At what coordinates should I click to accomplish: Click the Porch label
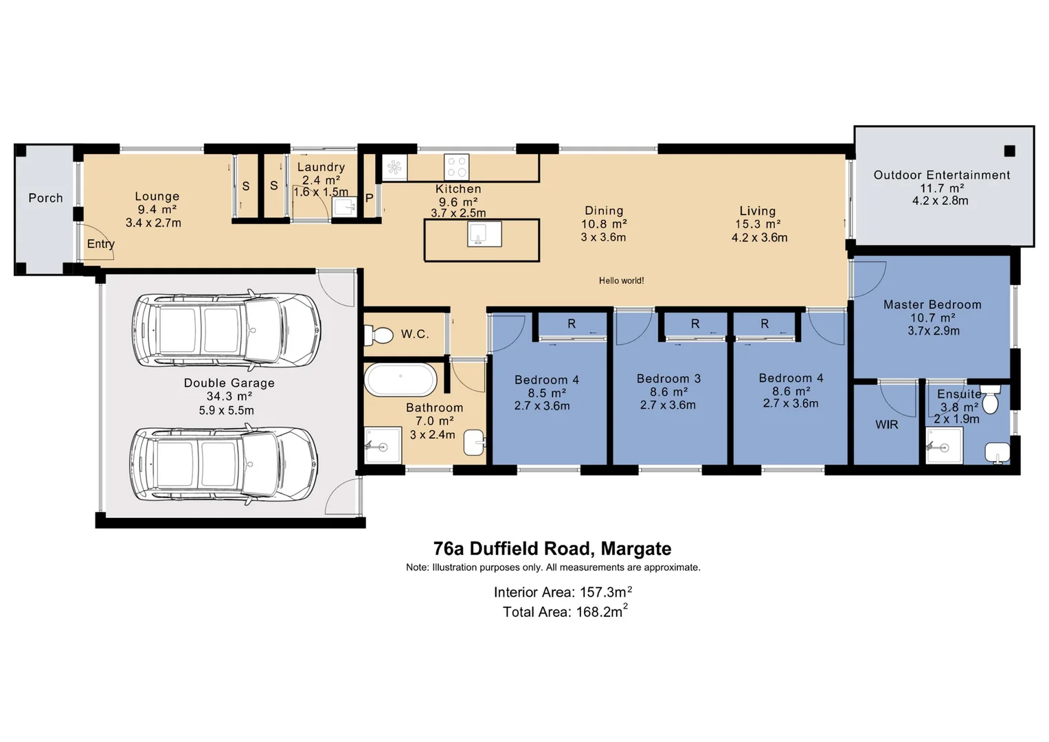pyautogui.click(x=45, y=198)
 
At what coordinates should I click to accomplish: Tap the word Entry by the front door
pyautogui.click(x=100, y=244)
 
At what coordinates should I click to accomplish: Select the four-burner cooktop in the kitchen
pyautogui.click(x=456, y=167)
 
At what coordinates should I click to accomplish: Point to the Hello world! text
pyautogui.click(x=621, y=280)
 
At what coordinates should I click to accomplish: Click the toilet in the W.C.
pyautogui.click(x=377, y=335)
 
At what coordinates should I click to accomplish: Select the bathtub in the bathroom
pyautogui.click(x=400, y=380)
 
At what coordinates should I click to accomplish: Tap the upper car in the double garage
pyautogui.click(x=227, y=329)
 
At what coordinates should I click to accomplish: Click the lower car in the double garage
pyautogui.click(x=225, y=462)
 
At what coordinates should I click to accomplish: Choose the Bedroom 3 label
pyautogui.click(x=668, y=379)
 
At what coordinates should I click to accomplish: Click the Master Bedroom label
pyautogui.click(x=932, y=304)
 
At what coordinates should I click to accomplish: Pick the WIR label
pyautogui.click(x=886, y=425)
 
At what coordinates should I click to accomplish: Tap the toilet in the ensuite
pyautogui.click(x=990, y=399)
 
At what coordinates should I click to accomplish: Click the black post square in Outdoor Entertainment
pyautogui.click(x=1009, y=151)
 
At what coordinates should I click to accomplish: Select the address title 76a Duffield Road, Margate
pyautogui.click(x=552, y=548)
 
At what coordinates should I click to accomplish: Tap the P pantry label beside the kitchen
pyautogui.click(x=369, y=198)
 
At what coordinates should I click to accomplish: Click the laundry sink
pyautogui.click(x=344, y=206)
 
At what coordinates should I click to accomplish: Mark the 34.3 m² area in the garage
pyautogui.click(x=229, y=396)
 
